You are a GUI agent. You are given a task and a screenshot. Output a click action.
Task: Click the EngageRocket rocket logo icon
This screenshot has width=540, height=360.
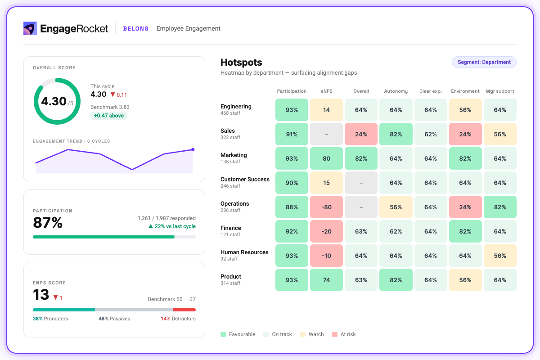coord(30,28)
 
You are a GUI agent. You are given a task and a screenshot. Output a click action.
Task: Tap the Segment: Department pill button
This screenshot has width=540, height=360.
coord(484,62)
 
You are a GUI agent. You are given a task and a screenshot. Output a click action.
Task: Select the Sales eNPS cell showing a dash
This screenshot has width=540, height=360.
coord(326,134)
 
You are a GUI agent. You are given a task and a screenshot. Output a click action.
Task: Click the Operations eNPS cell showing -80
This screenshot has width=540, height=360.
coord(326,207)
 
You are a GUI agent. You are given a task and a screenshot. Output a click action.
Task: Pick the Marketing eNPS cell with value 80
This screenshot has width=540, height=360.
coord(326,158)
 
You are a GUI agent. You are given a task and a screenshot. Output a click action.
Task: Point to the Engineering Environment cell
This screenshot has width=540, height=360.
coord(465,110)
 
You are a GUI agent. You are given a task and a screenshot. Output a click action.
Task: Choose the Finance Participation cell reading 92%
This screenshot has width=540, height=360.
coord(292,231)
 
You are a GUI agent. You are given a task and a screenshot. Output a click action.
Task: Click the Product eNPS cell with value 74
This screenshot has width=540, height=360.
coord(326,280)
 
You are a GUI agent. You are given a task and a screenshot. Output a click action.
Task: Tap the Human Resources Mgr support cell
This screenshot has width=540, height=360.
coord(500,256)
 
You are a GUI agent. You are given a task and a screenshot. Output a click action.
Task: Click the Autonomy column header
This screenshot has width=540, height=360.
coord(396,91)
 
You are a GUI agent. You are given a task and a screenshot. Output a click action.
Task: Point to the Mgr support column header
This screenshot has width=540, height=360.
coord(500,91)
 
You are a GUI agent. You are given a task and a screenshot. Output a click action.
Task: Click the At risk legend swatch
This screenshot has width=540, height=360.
coord(335,334)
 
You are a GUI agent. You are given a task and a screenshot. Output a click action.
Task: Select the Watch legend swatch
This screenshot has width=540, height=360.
coord(303,334)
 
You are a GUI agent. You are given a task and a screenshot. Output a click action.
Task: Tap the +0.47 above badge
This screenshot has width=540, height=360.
coord(109,116)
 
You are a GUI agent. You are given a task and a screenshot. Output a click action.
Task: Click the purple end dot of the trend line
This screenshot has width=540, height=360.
coord(193,149)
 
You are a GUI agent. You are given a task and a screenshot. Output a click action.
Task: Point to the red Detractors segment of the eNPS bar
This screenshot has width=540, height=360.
coord(184,310)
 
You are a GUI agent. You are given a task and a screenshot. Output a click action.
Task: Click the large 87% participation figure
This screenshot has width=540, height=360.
coord(48,222)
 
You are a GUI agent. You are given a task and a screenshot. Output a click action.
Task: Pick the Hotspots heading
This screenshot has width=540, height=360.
coord(241,63)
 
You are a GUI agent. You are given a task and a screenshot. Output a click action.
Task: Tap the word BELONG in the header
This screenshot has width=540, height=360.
coord(136,28)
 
